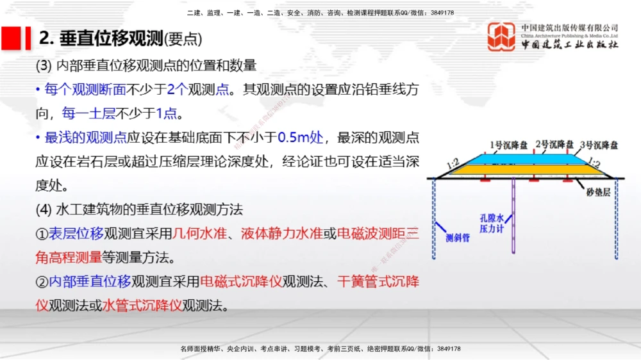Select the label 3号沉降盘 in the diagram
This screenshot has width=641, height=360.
[599, 145]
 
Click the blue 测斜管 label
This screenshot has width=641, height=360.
[458, 238]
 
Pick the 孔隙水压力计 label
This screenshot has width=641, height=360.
[492, 222]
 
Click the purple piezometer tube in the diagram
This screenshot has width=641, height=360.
[515, 218]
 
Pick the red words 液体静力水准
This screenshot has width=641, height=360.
[281, 234]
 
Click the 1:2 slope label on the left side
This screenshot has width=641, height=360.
[453, 164]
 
